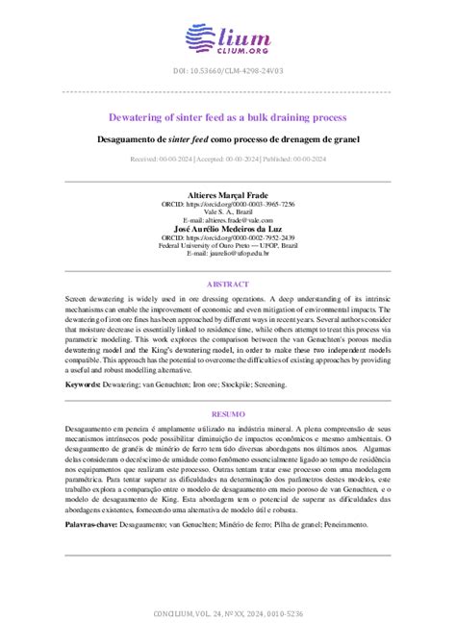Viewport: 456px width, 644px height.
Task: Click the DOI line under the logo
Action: tap(227, 72)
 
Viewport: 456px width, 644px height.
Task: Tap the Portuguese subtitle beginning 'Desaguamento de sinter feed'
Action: tap(227, 139)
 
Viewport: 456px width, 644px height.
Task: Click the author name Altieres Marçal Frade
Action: tap(227, 195)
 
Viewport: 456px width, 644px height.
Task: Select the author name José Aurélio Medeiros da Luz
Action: tap(227, 228)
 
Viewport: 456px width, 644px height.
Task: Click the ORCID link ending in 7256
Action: tap(227, 204)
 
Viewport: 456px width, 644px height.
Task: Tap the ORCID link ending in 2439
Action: tap(227, 236)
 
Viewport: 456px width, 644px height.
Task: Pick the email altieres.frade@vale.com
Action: tap(227, 220)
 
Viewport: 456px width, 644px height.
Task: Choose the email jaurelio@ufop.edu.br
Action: tap(227, 253)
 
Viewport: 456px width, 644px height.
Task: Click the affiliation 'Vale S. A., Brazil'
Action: tap(227, 212)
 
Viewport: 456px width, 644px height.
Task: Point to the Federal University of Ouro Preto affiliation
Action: tap(227, 245)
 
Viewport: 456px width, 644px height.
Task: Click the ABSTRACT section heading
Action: tap(227, 284)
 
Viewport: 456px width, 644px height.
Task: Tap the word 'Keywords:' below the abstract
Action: tap(85, 384)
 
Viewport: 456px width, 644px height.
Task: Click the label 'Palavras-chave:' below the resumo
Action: tap(91, 526)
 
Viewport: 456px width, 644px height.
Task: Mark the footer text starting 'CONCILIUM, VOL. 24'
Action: tap(227, 613)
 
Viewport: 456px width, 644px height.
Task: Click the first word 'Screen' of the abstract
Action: tap(77, 301)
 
